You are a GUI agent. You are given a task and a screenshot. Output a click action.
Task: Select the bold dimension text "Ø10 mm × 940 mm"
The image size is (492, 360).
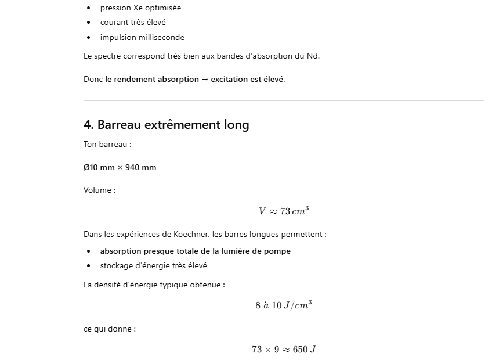[120, 168]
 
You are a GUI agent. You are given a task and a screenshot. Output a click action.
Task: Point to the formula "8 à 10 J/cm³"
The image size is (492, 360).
[284, 305]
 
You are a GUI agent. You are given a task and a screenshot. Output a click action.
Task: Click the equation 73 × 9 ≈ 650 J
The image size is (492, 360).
[284, 350]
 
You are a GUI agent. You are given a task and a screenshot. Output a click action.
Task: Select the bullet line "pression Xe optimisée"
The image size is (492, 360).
[140, 8]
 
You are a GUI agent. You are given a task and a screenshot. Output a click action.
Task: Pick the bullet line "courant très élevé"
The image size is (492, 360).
[133, 23]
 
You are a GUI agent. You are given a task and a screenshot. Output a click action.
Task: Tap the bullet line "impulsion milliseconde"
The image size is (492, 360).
[142, 38]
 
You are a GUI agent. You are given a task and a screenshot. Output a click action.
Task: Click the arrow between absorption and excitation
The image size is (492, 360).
[205, 80]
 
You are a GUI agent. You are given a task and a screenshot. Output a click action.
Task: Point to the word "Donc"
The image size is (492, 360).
[93, 80]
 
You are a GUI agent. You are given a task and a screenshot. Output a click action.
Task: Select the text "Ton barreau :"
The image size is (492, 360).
[107, 145]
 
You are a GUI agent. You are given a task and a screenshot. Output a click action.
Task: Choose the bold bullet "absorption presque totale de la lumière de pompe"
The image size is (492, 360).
[195, 251]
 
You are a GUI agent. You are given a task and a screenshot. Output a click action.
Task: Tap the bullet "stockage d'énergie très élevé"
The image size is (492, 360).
[153, 266]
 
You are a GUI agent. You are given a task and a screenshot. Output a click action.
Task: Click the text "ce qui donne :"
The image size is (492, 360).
[109, 329]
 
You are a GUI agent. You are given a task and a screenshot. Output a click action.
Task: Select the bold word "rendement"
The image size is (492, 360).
[134, 80]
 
